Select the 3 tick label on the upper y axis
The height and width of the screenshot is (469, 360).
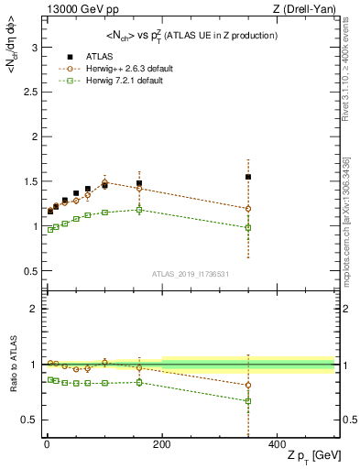coord(32,47)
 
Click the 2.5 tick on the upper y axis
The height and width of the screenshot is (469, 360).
coord(27,92)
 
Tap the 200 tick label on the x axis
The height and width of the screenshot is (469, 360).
coord(161,443)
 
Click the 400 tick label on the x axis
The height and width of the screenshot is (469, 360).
coord(277,443)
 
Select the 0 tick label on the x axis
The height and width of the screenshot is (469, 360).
coord(46,443)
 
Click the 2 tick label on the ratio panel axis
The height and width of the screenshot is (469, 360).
coord(32,310)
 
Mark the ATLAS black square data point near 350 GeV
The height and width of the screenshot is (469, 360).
coord(248,177)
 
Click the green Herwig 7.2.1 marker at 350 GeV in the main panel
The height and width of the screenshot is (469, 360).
coord(248,228)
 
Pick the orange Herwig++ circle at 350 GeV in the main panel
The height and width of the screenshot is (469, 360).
coord(248,209)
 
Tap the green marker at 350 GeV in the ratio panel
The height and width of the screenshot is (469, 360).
coord(248,401)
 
